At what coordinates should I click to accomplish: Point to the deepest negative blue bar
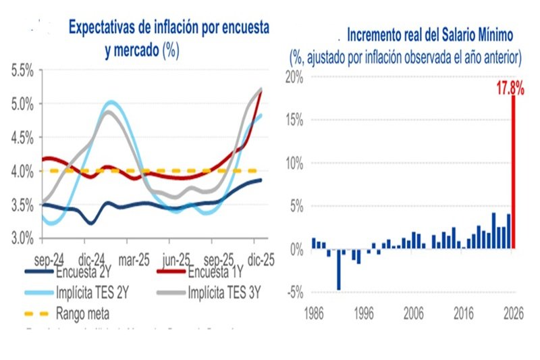(338, 269)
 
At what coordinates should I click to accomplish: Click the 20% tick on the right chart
(294, 77)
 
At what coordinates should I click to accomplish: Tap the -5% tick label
(295, 292)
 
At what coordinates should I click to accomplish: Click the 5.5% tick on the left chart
(24, 70)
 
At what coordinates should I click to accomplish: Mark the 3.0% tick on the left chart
(24, 238)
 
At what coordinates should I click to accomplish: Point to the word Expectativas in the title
(107, 28)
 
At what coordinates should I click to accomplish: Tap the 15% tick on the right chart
(294, 120)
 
